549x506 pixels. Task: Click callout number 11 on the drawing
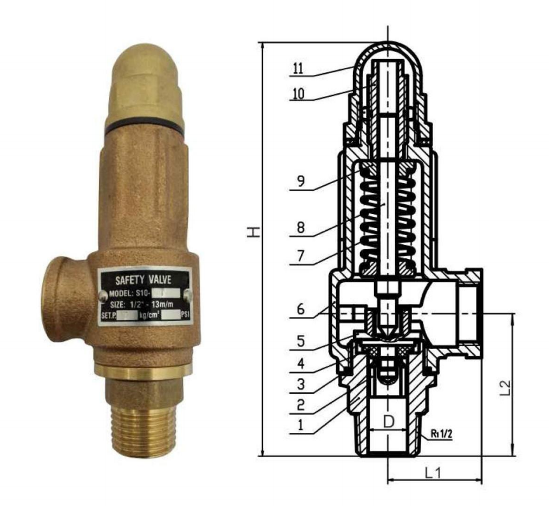pos(298,69)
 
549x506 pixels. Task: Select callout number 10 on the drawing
pos(298,94)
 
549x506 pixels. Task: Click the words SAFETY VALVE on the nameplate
pos(144,280)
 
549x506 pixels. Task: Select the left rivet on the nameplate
pos(103,295)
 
